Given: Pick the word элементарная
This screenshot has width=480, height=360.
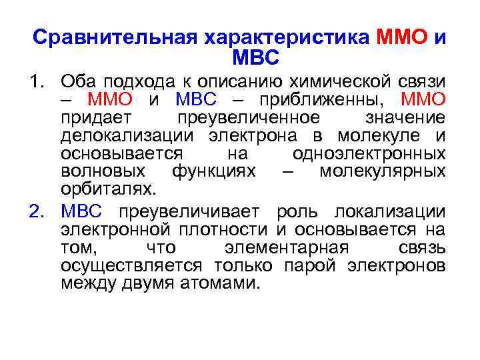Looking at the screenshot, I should point(287,248).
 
